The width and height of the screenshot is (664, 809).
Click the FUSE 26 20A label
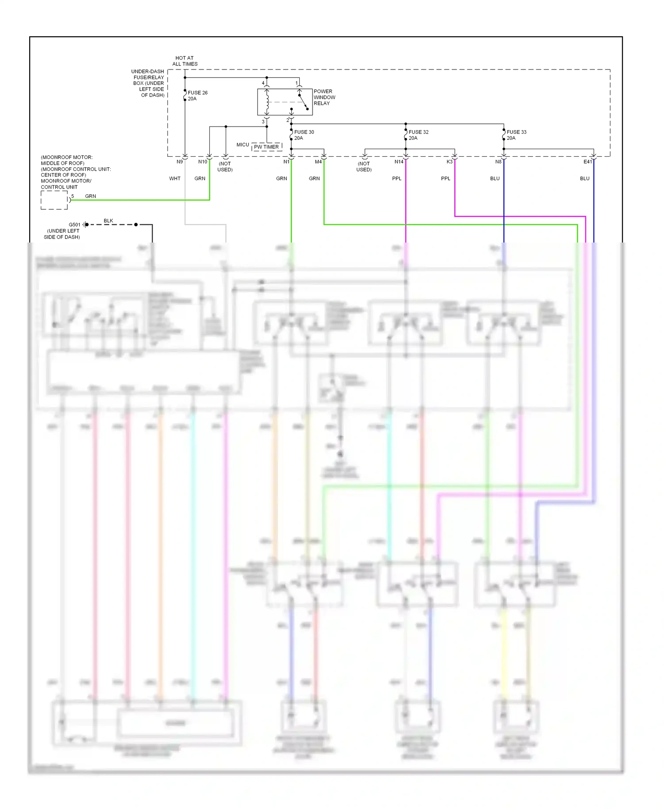[197, 96]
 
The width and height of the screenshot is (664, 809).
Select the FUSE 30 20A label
[304, 135]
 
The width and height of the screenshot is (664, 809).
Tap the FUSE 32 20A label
[418, 135]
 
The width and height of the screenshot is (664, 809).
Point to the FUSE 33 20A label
[516, 135]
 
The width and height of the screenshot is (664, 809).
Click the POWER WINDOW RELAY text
[324, 97]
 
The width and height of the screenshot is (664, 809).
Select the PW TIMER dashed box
[266, 147]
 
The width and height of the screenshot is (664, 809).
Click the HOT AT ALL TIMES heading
[185, 61]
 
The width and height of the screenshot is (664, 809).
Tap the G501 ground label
[74, 225]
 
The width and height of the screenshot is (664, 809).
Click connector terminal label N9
[180, 162]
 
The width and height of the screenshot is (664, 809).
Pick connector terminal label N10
[202, 162]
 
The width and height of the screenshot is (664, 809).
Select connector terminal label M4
[318, 162]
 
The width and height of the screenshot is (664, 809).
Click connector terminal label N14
[399, 162]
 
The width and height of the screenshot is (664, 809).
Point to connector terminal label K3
[449, 162]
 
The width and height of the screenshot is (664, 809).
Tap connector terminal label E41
[587, 162]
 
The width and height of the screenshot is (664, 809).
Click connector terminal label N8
[498, 162]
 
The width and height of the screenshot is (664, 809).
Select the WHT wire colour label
[175, 179]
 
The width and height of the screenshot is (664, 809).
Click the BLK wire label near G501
[108, 221]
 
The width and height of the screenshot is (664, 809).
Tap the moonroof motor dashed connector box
[54, 200]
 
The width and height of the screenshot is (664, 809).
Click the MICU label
[243, 145]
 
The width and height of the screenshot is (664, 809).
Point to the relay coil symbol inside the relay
[267, 102]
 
